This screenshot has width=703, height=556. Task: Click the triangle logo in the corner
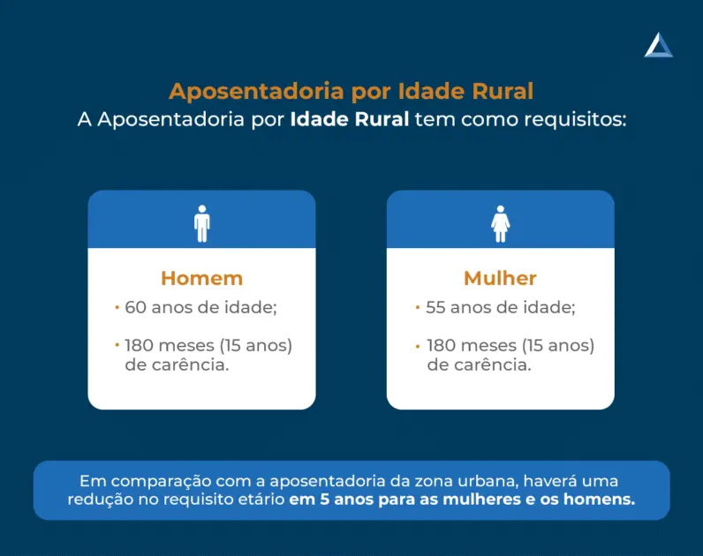point(659,45)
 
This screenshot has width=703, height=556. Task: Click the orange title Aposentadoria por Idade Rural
point(351,92)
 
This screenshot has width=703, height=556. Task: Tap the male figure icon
point(202,223)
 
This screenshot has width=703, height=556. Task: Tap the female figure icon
point(501,223)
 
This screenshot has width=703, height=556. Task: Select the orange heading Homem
point(201,278)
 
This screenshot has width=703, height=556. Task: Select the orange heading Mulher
point(501,278)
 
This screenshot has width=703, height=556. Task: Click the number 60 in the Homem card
point(135,307)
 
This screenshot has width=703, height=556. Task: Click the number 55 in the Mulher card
point(435,307)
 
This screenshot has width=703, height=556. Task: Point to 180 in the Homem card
point(139,345)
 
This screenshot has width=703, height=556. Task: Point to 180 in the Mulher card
point(442,345)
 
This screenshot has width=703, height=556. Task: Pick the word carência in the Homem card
point(191,365)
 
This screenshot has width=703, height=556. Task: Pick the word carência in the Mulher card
point(493,365)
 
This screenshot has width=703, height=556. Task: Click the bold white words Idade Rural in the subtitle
point(350,120)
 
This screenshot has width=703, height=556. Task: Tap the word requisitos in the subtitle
point(575,120)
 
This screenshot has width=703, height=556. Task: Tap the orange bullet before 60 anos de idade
point(117,307)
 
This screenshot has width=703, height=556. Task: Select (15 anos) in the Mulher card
point(558,346)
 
